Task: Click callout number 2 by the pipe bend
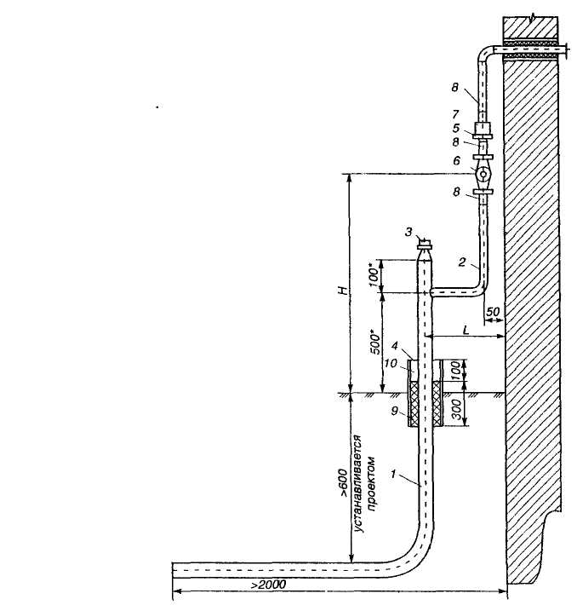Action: click(461, 265)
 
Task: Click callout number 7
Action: click(456, 113)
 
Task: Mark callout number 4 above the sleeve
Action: click(397, 347)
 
